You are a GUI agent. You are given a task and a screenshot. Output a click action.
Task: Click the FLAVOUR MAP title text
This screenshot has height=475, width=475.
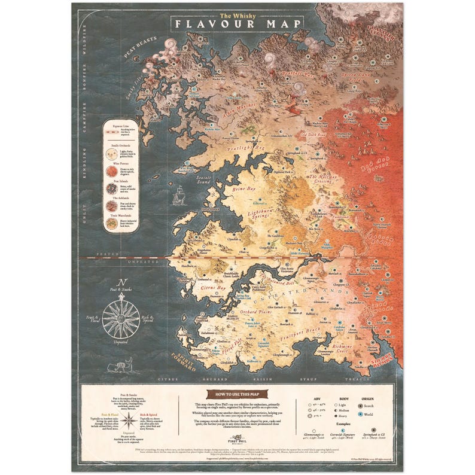point(237,24)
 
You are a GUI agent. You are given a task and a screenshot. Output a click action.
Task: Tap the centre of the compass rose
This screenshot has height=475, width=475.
point(121,318)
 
